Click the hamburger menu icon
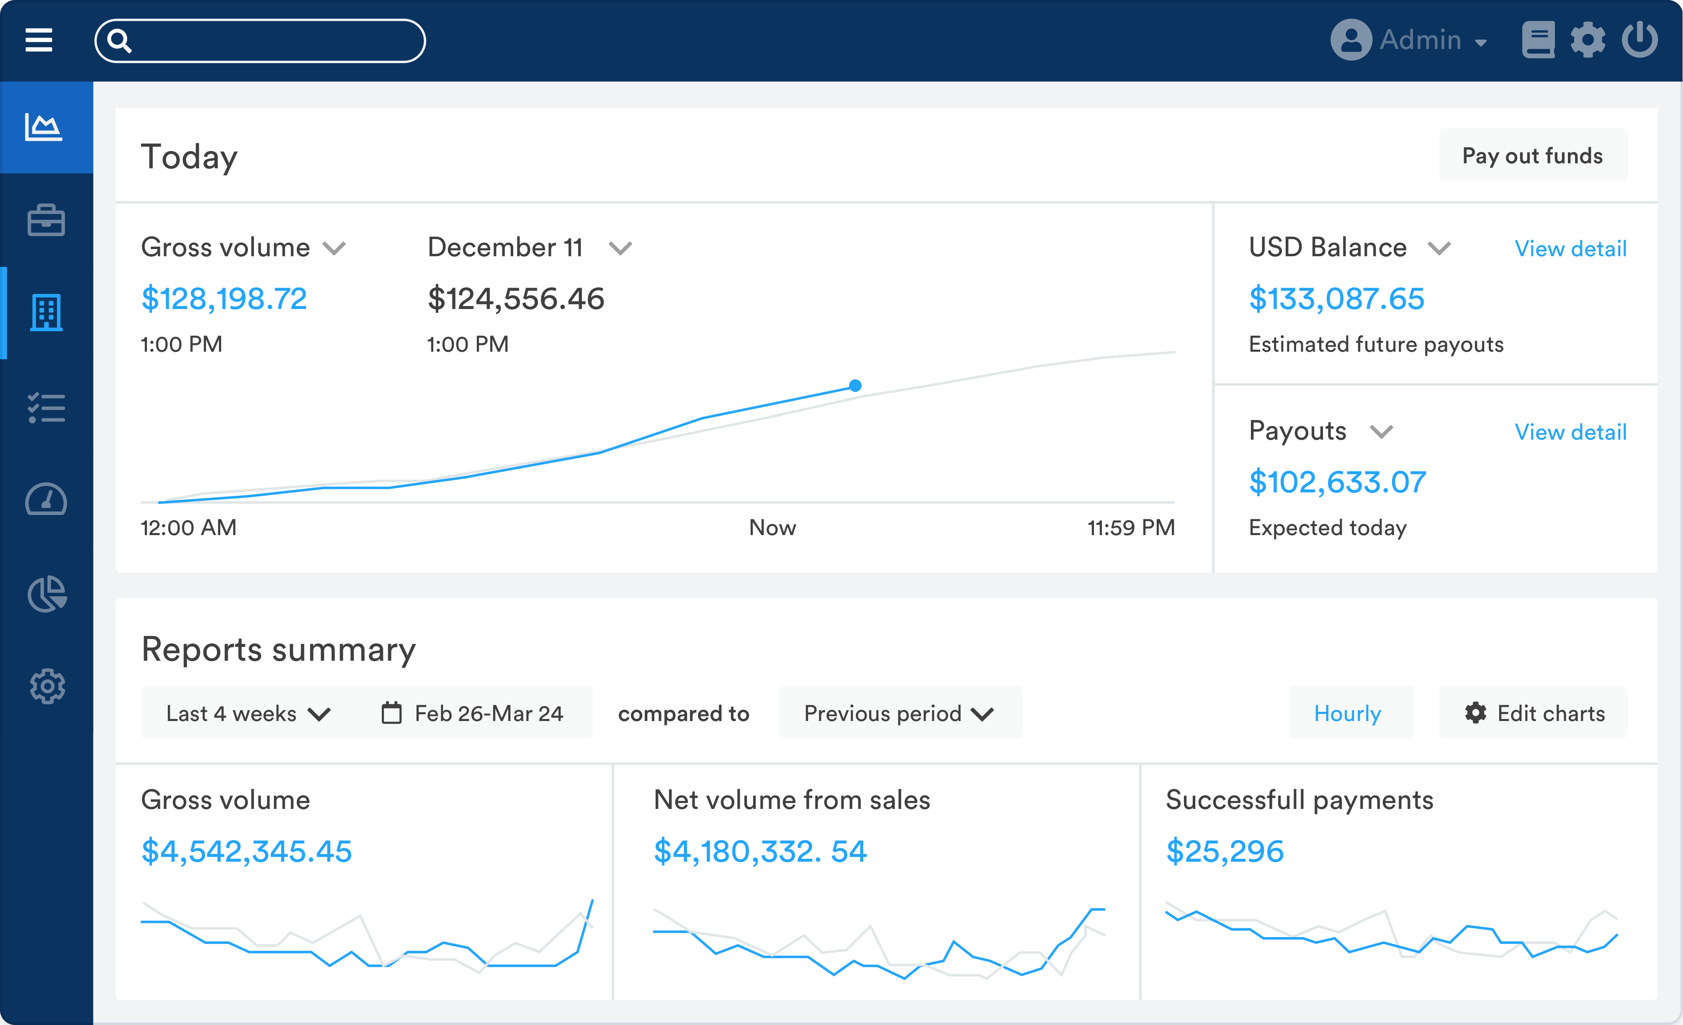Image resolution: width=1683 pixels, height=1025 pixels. (39, 40)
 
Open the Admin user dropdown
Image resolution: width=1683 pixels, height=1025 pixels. (1410, 40)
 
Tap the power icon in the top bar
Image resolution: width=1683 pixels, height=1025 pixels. (1639, 40)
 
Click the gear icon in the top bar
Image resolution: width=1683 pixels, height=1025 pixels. (1588, 40)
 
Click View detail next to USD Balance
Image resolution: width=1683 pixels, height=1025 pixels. (1570, 249)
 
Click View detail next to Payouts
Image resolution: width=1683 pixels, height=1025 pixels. (1570, 432)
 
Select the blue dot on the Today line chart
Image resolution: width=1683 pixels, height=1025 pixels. (855, 385)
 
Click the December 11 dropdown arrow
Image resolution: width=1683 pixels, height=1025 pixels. (620, 249)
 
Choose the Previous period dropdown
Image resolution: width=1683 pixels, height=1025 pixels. (899, 713)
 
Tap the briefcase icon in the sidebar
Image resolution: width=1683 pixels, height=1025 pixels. (46, 221)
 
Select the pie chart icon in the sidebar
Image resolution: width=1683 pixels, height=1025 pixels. (46, 593)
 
